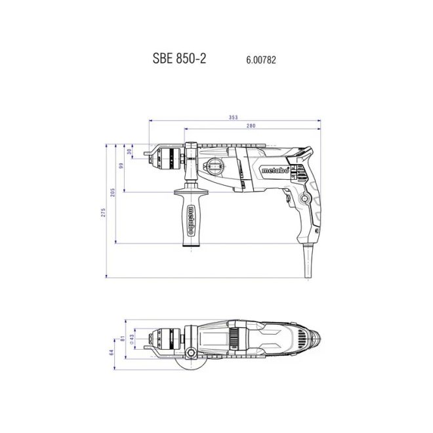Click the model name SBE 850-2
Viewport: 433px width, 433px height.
tap(179, 58)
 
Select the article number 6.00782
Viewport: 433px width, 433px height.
tap(261, 59)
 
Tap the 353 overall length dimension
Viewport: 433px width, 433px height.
tap(233, 117)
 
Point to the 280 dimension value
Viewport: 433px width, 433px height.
tap(251, 126)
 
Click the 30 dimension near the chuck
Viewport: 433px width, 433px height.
tap(129, 152)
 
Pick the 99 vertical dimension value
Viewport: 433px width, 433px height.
tap(121, 167)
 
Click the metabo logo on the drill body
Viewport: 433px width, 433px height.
tap(276, 170)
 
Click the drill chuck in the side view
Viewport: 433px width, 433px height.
tap(167, 156)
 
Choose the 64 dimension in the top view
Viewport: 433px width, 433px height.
tap(112, 353)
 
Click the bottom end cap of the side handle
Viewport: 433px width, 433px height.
tap(191, 244)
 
